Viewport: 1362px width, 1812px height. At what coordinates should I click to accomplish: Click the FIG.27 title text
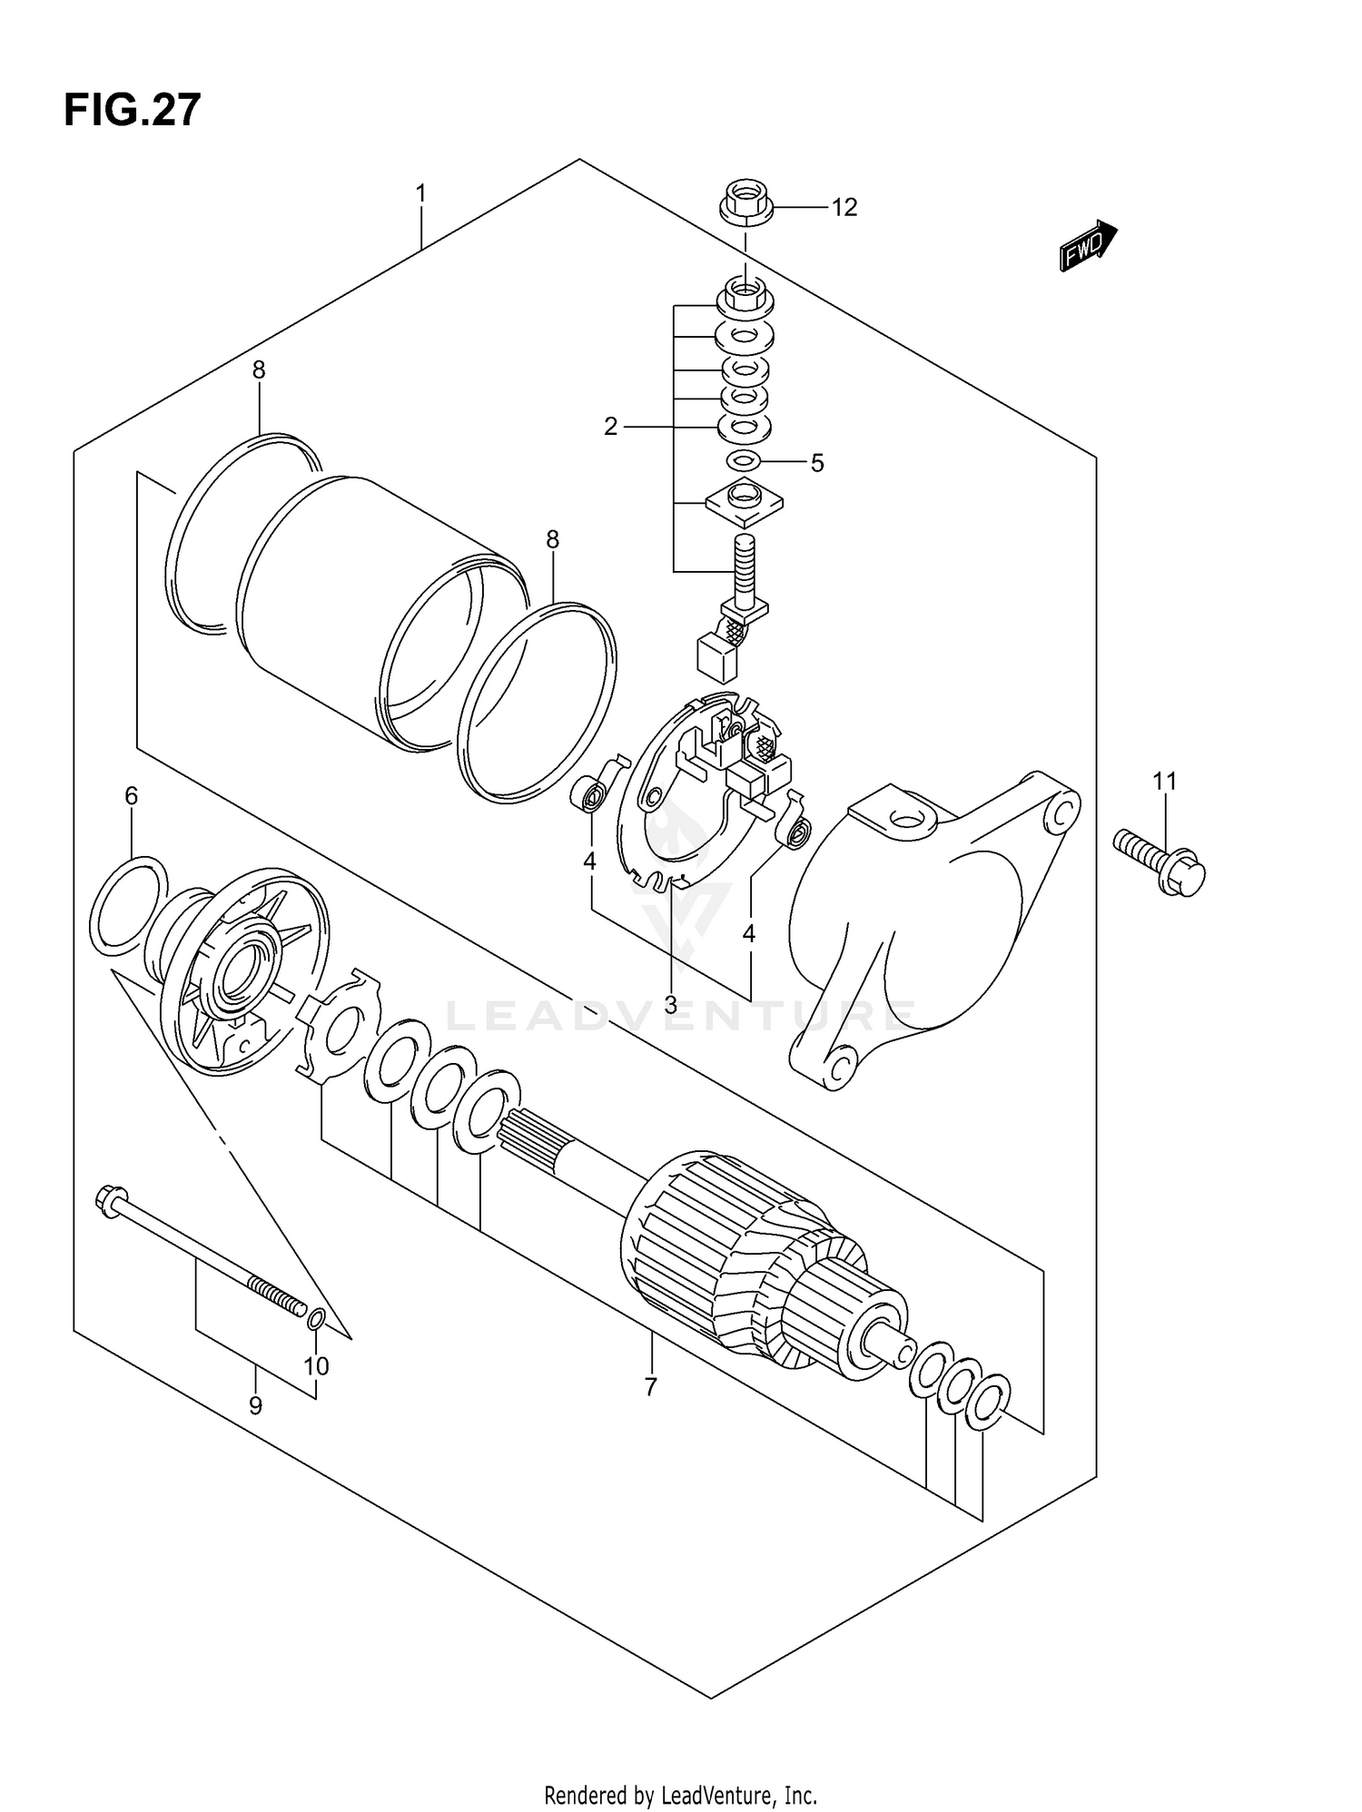pyautogui.click(x=132, y=111)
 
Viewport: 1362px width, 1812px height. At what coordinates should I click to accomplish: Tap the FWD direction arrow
pyautogui.click(x=1088, y=246)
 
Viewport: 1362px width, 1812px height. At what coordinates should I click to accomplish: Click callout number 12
pyautogui.click(x=844, y=208)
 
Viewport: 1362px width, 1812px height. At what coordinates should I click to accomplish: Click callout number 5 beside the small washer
pyautogui.click(x=817, y=464)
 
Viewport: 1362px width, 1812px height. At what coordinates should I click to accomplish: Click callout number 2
pyautogui.click(x=611, y=426)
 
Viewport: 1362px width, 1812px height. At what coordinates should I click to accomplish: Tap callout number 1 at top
pyautogui.click(x=420, y=193)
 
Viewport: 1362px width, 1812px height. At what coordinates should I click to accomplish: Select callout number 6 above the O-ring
pyautogui.click(x=132, y=796)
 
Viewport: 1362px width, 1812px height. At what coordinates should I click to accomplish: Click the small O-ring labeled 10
pyautogui.click(x=315, y=1318)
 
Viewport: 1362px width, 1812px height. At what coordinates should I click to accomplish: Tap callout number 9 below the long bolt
pyautogui.click(x=255, y=1406)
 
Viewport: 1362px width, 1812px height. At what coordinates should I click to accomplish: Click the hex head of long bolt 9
pyautogui.click(x=108, y=1202)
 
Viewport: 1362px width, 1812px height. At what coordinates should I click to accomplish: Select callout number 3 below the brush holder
pyautogui.click(x=670, y=1004)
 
